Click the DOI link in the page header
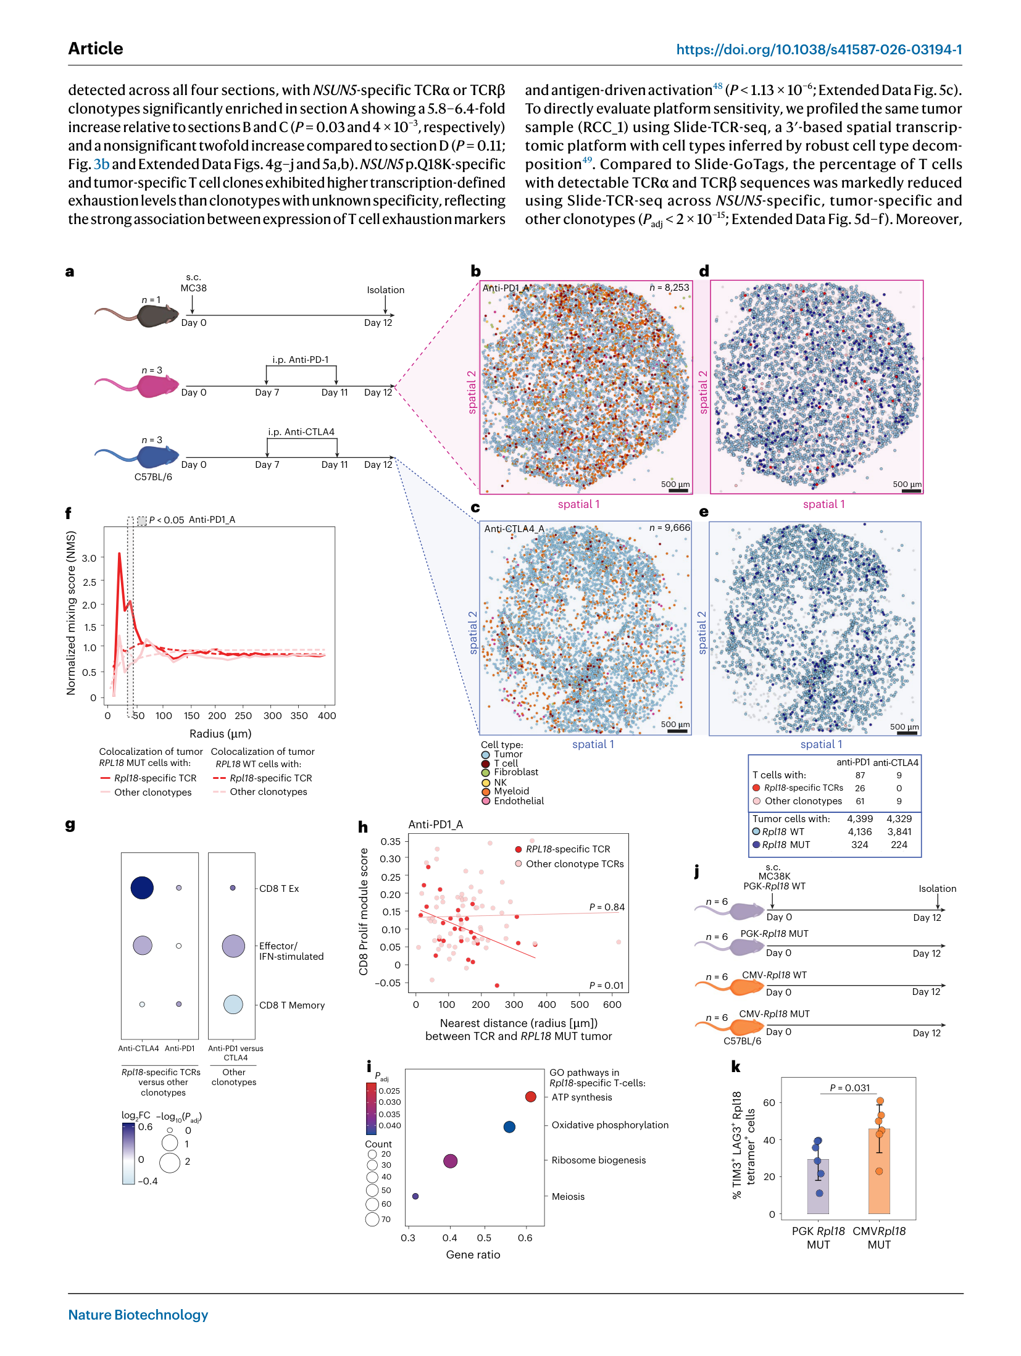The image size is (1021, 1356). click(819, 49)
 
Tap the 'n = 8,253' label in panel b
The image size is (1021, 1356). click(669, 288)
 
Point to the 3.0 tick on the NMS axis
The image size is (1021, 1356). click(90, 558)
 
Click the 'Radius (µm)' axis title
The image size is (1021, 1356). click(220, 733)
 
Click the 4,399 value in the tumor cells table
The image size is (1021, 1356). click(860, 819)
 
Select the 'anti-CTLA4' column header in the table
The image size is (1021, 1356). click(896, 762)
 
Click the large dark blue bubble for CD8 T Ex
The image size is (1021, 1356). click(142, 888)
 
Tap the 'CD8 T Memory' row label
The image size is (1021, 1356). click(292, 1005)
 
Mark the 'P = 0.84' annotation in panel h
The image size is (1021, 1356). click(607, 907)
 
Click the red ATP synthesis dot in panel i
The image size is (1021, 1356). click(531, 1097)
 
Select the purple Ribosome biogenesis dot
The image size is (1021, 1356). click(451, 1161)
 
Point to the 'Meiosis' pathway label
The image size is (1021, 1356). click(568, 1197)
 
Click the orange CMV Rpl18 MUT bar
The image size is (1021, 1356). click(879, 1171)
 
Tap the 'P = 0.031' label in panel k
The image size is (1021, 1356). click(850, 1088)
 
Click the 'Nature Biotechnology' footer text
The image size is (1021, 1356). click(138, 1315)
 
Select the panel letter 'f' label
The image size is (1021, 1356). click(68, 513)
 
